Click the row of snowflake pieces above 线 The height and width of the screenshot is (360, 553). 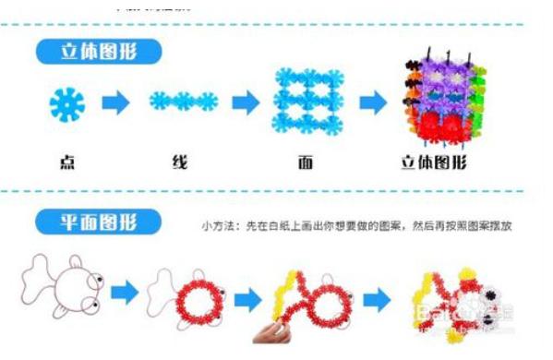(x=184, y=100)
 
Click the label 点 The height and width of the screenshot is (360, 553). (x=67, y=162)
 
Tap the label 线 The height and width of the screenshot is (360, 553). (x=180, y=163)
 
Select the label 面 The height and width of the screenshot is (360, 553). (x=306, y=163)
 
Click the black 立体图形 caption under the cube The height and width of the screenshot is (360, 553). (x=433, y=163)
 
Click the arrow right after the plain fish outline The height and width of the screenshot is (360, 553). (x=125, y=295)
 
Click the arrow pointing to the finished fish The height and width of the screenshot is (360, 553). (x=375, y=297)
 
